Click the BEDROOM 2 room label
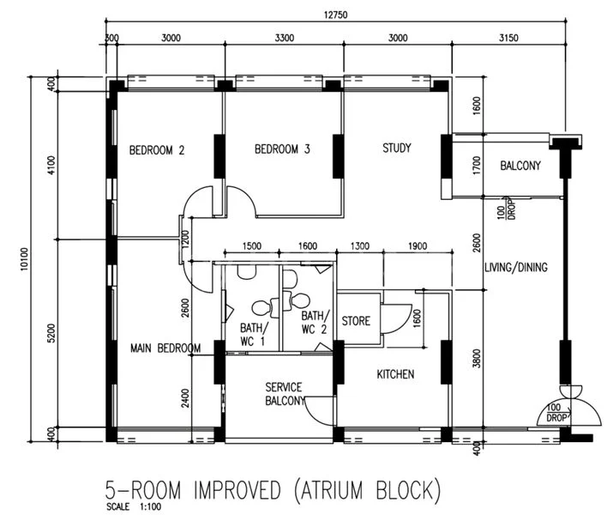(157, 150)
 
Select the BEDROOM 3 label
(282, 150)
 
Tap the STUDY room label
(397, 148)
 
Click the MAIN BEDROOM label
(165, 348)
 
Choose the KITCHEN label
(396, 374)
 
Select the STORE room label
(356, 322)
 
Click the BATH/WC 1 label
(253, 335)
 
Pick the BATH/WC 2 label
(314, 322)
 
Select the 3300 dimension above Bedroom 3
(284, 38)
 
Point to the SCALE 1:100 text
(125, 506)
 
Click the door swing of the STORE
(396, 319)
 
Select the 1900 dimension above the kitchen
(418, 246)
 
